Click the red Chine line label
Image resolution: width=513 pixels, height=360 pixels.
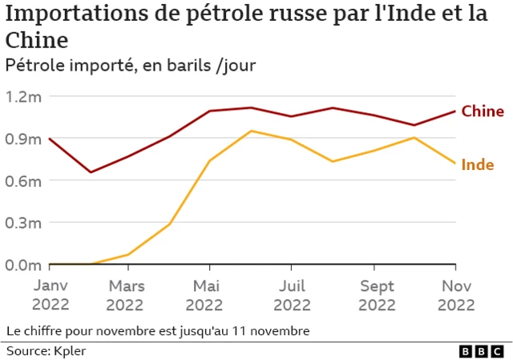[483, 111]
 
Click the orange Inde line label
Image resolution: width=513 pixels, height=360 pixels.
[479, 165]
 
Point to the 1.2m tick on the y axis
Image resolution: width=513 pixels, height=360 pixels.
[22, 96]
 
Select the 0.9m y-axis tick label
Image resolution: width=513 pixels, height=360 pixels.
[22, 139]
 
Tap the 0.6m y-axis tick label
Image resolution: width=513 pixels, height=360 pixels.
[22, 180]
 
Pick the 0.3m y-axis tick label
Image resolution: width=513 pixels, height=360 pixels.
[22, 223]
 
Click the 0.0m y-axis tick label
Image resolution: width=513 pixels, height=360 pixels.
[22, 265]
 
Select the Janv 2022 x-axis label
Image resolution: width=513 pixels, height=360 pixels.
[50, 295]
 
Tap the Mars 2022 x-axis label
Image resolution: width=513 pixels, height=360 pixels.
[125, 295]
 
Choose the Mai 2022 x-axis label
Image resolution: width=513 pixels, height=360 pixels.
[208, 295]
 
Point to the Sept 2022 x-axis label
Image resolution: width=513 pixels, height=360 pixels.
[376, 295]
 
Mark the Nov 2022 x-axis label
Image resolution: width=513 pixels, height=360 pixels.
[455, 295]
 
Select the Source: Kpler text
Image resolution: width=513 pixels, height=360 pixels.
[46, 351]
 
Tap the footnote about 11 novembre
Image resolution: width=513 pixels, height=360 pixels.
[157, 330]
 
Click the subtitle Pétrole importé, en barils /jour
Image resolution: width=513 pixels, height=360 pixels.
[131, 66]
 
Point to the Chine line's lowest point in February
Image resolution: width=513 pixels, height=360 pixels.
[91, 172]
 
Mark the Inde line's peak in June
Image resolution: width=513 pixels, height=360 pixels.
[252, 131]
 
